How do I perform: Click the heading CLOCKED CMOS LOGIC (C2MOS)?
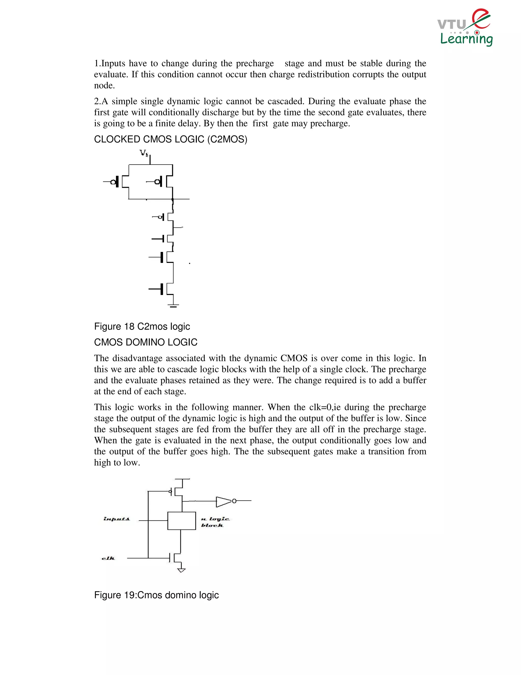pyautogui.click(x=170, y=139)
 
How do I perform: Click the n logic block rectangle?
pyautogui.click(x=181, y=521)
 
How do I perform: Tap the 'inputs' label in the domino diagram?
pyautogui.click(x=117, y=519)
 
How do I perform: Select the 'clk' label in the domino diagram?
pyautogui.click(x=108, y=558)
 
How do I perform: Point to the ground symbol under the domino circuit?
pyautogui.click(x=181, y=570)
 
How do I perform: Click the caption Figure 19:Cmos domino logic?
pyautogui.click(x=156, y=595)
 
